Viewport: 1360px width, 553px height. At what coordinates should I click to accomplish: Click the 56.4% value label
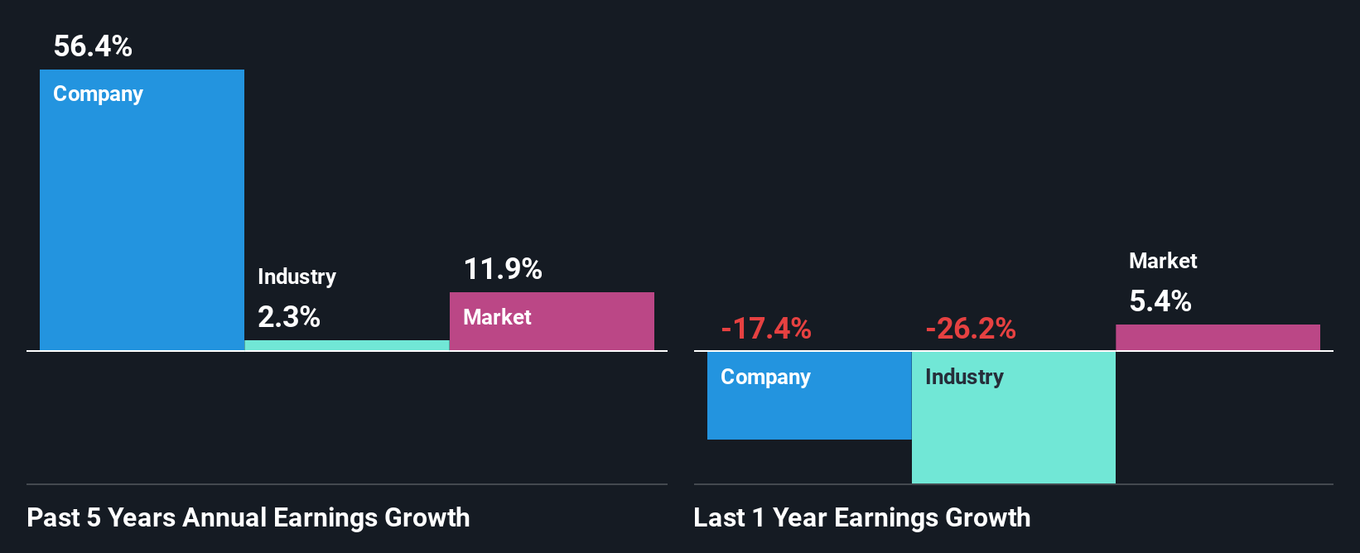(93, 46)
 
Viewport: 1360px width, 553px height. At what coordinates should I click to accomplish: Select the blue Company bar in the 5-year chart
(142, 224)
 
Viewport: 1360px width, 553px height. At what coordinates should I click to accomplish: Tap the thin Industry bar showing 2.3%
(347, 345)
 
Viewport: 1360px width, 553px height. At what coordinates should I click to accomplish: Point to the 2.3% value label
(288, 317)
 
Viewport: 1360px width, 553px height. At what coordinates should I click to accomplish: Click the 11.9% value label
(503, 269)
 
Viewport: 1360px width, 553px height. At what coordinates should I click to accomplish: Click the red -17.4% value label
(766, 329)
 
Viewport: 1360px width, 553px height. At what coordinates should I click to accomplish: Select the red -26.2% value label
(971, 329)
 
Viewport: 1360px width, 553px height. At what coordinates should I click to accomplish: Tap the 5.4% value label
(1160, 301)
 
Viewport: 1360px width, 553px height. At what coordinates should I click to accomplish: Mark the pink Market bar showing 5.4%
(1218, 337)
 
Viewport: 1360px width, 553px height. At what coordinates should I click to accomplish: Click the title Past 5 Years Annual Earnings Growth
(248, 517)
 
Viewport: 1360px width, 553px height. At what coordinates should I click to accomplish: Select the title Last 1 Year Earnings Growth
(862, 517)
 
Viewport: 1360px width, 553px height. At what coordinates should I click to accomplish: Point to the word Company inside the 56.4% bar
(98, 94)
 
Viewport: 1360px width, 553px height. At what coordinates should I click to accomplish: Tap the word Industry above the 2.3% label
(297, 276)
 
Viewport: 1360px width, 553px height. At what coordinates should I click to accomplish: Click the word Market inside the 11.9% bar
(497, 317)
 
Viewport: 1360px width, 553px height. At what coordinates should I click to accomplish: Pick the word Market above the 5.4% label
(1163, 261)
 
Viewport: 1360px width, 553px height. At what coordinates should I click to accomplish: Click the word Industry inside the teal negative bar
(964, 377)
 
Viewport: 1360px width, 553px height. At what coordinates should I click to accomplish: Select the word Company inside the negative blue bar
(765, 377)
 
